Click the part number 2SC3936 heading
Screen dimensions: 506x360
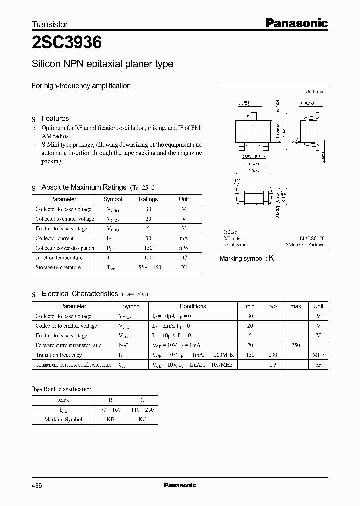tap(67, 43)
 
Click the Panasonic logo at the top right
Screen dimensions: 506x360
tap(295, 23)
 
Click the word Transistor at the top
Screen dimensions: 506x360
tap(49, 24)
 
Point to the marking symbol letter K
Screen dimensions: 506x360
tap(271, 258)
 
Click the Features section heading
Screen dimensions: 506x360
tap(55, 118)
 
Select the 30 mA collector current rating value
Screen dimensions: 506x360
tap(148, 238)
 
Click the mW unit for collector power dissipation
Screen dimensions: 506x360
tap(184, 248)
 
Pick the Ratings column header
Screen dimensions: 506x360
tap(148, 199)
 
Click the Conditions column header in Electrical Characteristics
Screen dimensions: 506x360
tap(192, 306)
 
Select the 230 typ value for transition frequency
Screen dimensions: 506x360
tap(273, 355)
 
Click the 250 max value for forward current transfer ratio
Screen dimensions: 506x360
tap(295, 345)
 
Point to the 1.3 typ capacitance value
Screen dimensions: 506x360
tap(273, 365)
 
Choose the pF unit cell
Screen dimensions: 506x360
tap(318, 365)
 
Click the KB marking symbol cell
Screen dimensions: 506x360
tap(110, 419)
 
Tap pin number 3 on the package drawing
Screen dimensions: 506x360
tap(247, 116)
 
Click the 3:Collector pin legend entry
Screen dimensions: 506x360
tap(234, 245)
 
